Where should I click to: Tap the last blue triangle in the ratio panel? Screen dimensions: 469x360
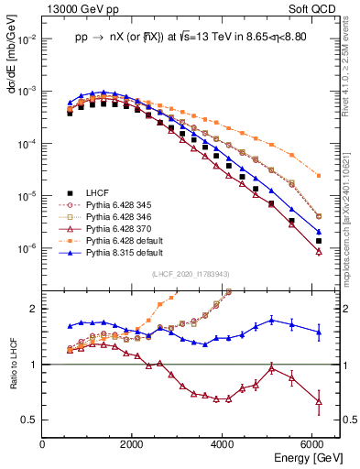point(318,333)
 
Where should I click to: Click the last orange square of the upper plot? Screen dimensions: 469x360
point(318,175)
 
